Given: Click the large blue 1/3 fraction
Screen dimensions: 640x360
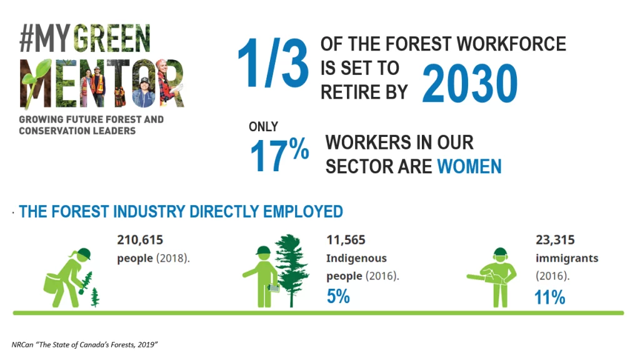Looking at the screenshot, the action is (x=273, y=62).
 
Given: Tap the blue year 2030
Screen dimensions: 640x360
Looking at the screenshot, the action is (x=470, y=83).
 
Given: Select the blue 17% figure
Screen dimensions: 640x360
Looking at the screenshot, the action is (x=279, y=154).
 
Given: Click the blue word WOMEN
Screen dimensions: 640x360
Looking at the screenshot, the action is (x=469, y=166).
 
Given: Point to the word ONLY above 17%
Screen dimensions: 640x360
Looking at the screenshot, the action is (x=263, y=126).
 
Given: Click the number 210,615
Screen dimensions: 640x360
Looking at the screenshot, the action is (x=140, y=239).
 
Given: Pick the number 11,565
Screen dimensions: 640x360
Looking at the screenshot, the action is (x=346, y=239).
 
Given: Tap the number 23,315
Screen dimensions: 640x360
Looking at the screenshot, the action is (x=555, y=239).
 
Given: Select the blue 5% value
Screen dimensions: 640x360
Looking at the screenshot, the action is (x=338, y=296).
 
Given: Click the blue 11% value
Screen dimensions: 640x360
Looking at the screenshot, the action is (x=550, y=297).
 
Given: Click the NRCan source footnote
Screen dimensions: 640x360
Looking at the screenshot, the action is (x=84, y=344).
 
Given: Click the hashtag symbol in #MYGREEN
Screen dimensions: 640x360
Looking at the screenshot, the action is (x=26, y=39).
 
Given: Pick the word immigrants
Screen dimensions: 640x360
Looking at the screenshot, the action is (x=567, y=258).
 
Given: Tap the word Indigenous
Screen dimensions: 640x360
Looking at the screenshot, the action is (x=356, y=258).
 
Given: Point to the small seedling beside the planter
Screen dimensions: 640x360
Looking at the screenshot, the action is (x=95, y=297).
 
